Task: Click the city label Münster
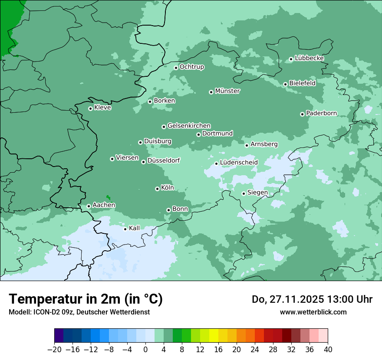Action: pos(227,91)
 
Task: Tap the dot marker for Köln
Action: pos(157,189)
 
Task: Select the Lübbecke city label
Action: pos(309,58)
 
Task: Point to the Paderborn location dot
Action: pos(302,114)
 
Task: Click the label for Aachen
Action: pos(104,205)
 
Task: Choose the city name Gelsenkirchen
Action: pos(189,126)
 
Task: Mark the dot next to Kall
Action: pos(125,229)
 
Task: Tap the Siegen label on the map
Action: pos(257,193)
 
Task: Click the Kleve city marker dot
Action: pos(90,108)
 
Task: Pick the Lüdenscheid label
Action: pos(239,163)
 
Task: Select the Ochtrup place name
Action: pos(191,67)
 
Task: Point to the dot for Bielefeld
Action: pos(285,84)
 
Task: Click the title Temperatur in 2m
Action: pos(86,299)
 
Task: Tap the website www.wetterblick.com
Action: pos(313,312)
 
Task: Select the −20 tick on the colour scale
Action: pos(54,350)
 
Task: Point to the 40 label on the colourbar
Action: pos(328,350)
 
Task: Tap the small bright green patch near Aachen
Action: pos(108,198)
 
